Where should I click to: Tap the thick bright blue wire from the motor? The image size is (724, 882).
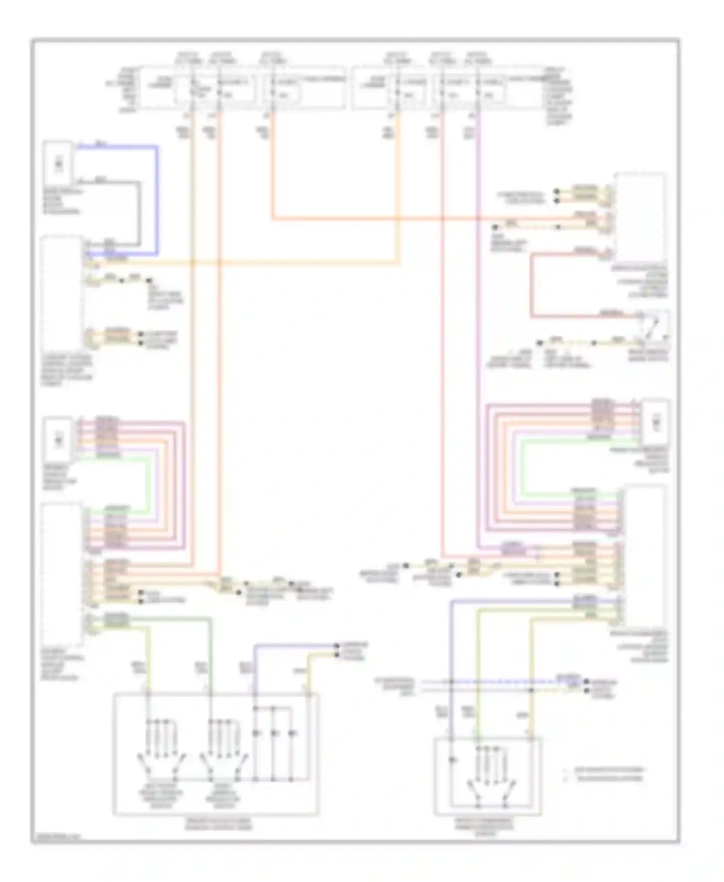tap(156, 198)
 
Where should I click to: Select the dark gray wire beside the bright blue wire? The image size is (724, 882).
tap(140, 212)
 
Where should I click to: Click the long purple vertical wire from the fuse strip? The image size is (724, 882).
tap(478, 338)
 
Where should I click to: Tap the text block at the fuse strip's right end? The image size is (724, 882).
tap(558, 96)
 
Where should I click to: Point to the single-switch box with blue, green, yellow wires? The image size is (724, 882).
tap(487, 777)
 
